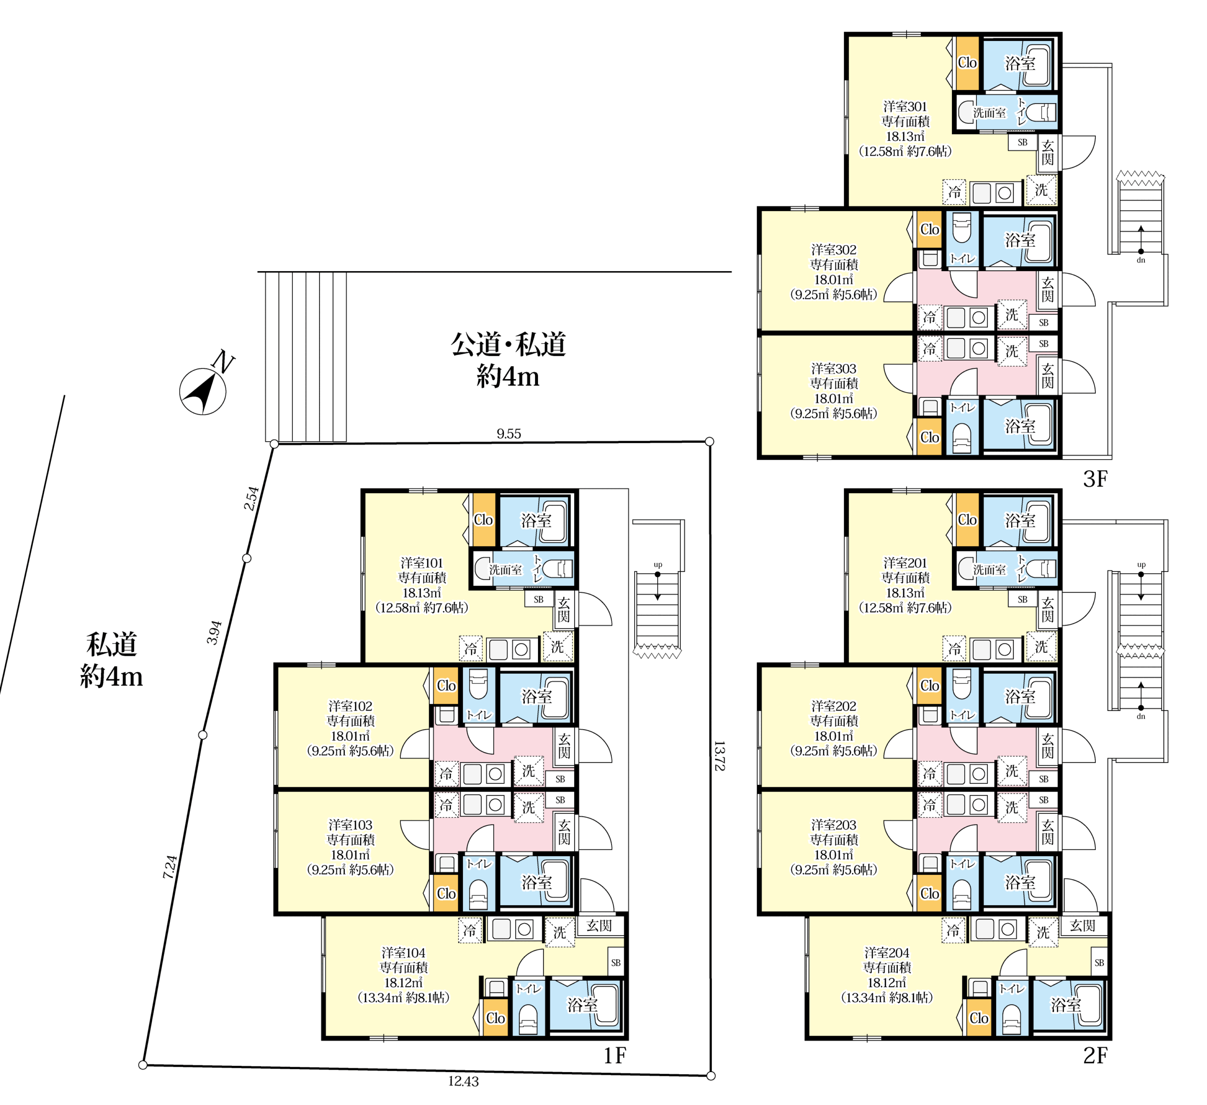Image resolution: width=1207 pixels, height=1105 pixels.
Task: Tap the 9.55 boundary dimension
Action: (509, 433)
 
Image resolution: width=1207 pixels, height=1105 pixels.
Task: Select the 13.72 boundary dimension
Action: (719, 756)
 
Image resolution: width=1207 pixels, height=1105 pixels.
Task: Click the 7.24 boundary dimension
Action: (170, 867)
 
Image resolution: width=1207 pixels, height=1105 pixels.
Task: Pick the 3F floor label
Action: (1095, 479)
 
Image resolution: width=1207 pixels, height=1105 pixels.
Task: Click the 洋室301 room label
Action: (905, 107)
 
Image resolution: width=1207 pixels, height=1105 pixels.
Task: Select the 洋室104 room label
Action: (403, 952)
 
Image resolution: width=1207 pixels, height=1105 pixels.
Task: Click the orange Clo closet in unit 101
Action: (484, 520)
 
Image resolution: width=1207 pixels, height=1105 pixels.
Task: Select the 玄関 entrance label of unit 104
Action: (599, 925)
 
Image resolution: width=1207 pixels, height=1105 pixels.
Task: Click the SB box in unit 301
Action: (1023, 142)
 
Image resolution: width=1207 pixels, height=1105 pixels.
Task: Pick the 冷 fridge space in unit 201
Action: (954, 648)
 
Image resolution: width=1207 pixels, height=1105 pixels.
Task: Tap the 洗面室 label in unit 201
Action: (990, 569)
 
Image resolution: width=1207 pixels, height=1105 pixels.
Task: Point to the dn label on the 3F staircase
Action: (1141, 260)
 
